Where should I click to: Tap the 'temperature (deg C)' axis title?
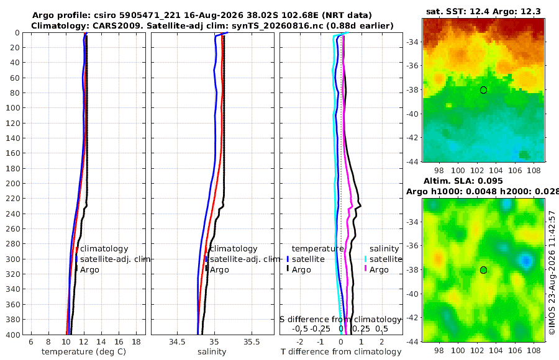[x=84, y=352]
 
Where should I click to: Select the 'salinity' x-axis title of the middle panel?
[x=212, y=352]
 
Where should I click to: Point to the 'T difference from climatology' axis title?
[x=341, y=352]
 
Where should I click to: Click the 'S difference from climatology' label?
[x=341, y=319]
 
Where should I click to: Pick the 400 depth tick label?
[x=13, y=335]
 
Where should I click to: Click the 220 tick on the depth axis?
[x=13, y=199]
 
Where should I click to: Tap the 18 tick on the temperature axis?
[x=136, y=342]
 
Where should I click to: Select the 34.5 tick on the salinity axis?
[x=177, y=342]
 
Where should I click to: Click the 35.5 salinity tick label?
[x=252, y=342]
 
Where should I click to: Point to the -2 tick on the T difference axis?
[x=299, y=342]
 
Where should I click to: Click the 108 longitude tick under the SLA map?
[x=534, y=351]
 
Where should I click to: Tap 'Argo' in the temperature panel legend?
[x=89, y=270]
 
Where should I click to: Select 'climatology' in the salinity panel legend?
[x=234, y=249]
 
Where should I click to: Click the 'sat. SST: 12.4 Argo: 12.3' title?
[x=483, y=12]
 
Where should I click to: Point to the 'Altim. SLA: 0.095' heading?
[x=463, y=181]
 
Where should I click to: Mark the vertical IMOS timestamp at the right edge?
[x=552, y=272]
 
